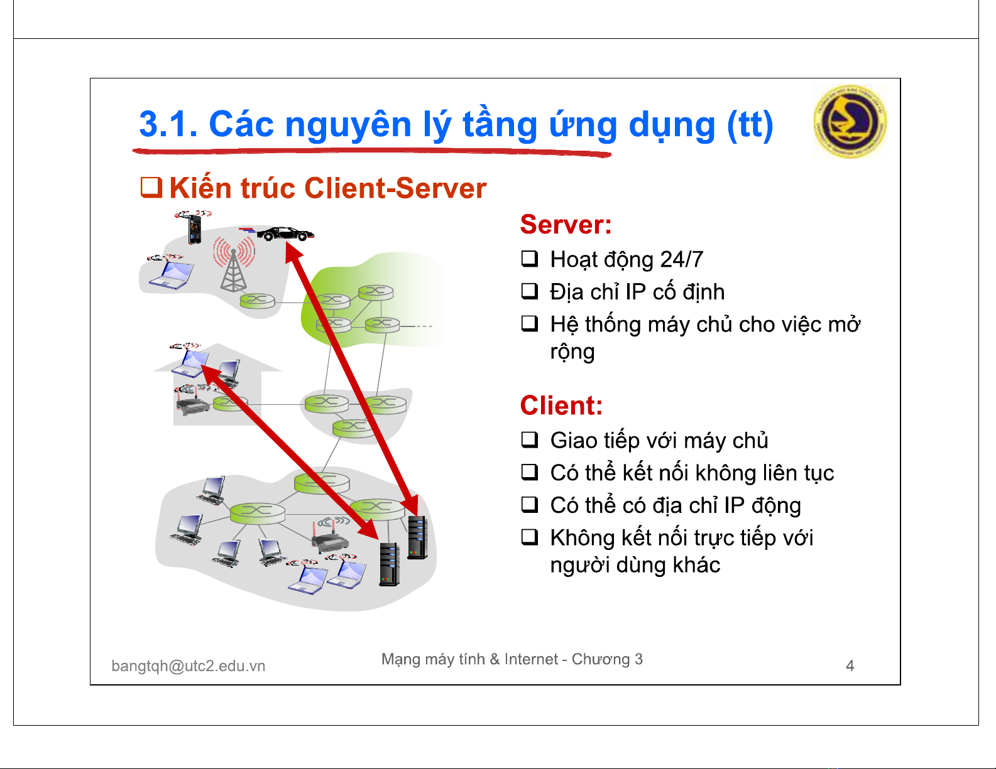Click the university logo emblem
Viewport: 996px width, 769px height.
850,122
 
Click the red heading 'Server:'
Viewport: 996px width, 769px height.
566,224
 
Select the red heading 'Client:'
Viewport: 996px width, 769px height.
561,406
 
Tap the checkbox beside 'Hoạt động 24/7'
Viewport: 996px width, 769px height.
529,259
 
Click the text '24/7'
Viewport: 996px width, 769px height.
681,259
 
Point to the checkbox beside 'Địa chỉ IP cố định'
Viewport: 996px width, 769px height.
529,291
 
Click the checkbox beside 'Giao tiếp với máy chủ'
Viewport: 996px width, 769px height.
529,439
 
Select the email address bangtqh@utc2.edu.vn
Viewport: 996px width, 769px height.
189,666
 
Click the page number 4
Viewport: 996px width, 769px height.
850,665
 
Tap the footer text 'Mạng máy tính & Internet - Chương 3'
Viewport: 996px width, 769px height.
512,659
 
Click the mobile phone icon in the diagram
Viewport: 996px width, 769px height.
195,230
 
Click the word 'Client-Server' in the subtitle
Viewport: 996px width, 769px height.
395,188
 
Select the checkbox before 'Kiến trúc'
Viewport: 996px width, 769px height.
151,187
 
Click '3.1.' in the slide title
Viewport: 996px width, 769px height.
168,124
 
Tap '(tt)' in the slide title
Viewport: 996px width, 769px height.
750,124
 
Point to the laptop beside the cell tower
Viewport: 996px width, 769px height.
170,274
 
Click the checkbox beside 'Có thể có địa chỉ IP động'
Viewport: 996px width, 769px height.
529,505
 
